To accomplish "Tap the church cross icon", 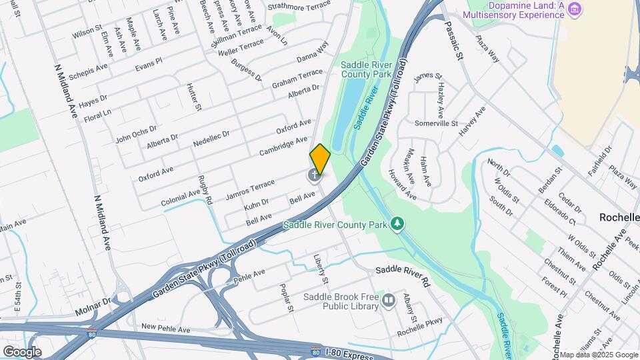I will pos(313,176).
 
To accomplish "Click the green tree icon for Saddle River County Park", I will pos(397,223).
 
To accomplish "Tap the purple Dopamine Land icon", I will pos(575,9).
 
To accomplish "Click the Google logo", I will pos(22,352).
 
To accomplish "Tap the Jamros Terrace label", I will pos(250,189).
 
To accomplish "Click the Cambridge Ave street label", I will pos(283,145).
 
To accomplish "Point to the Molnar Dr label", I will pos(91,306).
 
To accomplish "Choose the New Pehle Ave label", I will pos(167,329).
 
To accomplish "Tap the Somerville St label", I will pos(436,123).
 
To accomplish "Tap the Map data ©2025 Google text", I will pos(599,355).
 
